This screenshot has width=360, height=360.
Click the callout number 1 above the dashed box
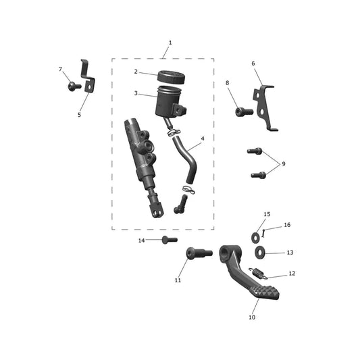[170, 43]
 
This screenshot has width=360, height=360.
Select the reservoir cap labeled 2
[172, 77]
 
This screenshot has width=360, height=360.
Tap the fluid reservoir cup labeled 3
[170, 102]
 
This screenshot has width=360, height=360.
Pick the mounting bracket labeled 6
[266, 107]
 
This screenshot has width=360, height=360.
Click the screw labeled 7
[74, 86]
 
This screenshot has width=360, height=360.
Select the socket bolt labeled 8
[244, 112]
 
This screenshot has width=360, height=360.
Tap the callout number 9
[284, 164]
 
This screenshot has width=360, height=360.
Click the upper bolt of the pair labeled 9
[255, 151]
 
